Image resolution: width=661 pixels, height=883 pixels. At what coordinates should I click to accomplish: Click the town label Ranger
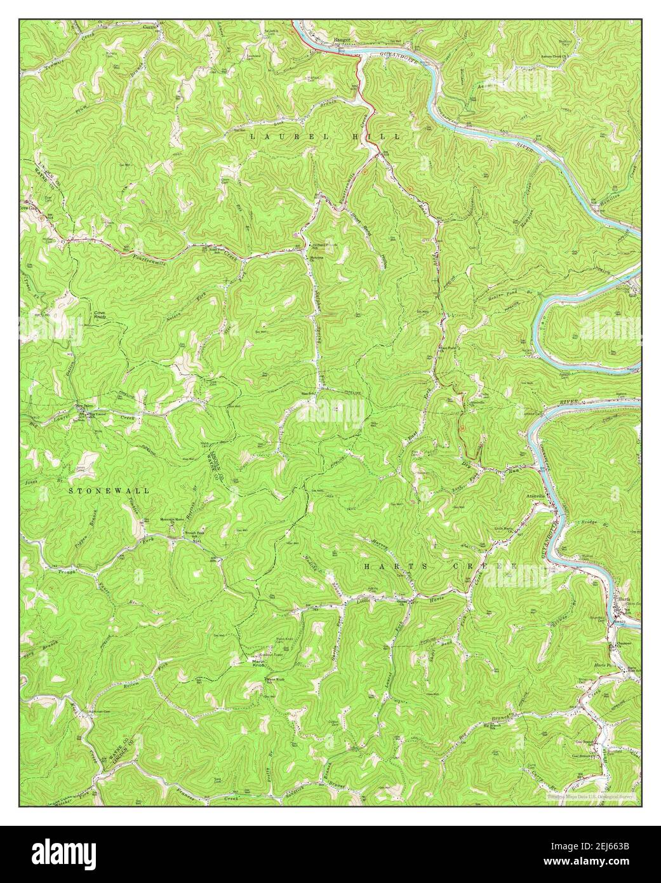[x=342, y=39]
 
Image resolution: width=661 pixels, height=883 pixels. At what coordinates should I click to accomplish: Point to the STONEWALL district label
[x=109, y=490]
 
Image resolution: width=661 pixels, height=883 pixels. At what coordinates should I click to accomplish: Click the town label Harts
[x=623, y=598]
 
